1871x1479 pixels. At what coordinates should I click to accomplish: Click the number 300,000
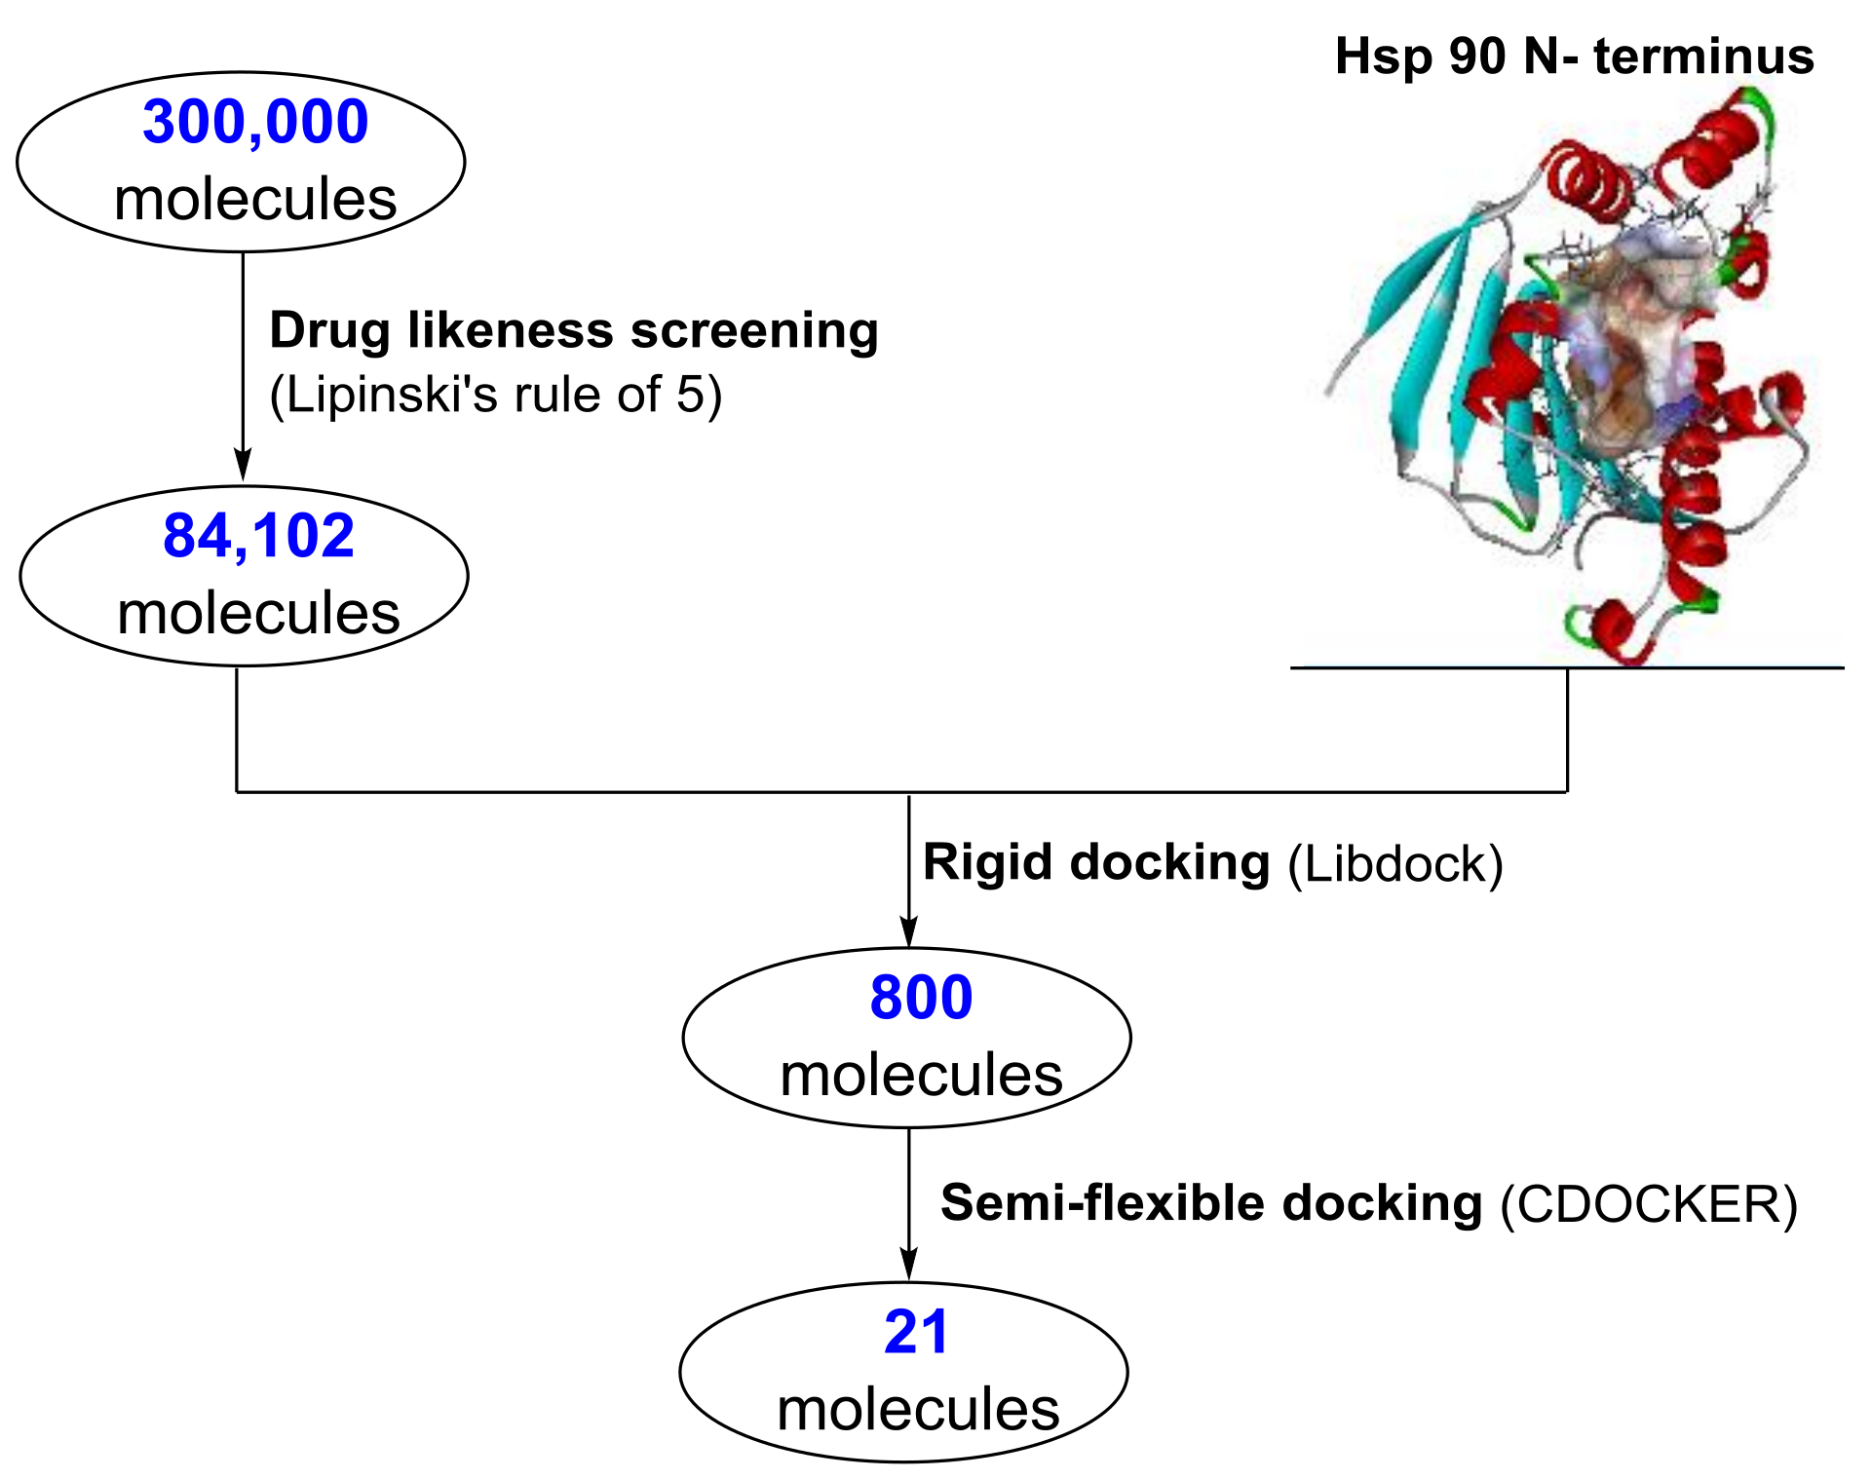point(255,123)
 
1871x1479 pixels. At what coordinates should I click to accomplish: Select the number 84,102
point(258,537)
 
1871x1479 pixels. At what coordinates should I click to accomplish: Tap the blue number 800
point(921,998)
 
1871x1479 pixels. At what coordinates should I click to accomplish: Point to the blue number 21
point(916,1332)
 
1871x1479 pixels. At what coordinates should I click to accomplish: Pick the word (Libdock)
point(1395,864)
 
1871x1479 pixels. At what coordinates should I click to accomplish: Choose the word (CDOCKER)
point(1649,1204)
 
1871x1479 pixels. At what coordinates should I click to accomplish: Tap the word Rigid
point(987,863)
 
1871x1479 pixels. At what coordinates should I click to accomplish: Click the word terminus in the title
point(1703,57)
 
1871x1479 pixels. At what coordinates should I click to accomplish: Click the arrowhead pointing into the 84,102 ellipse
point(243,466)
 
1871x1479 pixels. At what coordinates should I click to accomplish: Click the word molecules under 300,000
point(255,200)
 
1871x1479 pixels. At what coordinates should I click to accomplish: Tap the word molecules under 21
point(918,1410)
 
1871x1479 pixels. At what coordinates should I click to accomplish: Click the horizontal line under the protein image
point(1567,667)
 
